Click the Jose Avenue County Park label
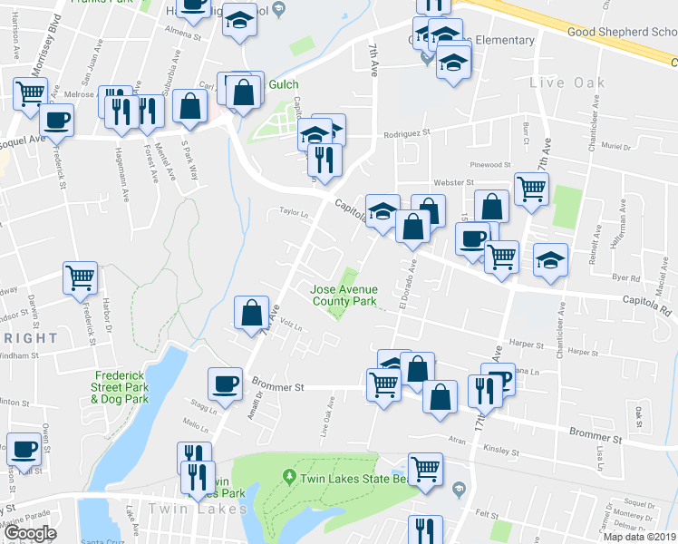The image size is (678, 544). (x=343, y=295)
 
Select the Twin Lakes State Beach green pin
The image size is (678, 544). (x=289, y=475)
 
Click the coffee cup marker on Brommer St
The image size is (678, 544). (x=225, y=383)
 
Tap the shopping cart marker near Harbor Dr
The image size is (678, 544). (x=81, y=277)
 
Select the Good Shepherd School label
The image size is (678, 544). (x=620, y=32)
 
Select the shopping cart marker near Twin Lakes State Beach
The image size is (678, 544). (x=424, y=470)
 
